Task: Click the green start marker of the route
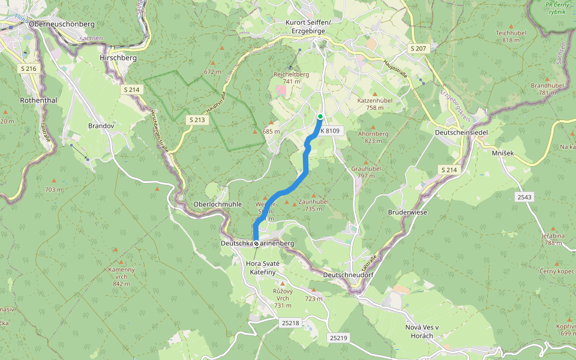[x=320, y=116]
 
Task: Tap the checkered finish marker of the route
[x=256, y=244]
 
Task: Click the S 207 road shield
[x=418, y=48]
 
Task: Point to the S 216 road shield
[x=28, y=69]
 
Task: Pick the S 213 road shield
[x=197, y=119]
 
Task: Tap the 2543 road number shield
[x=524, y=197]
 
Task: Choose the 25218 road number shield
[x=290, y=323]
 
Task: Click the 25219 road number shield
[x=338, y=338]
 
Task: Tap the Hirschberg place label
[x=118, y=58]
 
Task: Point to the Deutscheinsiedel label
[x=461, y=132]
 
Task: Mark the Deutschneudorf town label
[x=347, y=274]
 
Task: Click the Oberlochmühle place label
[x=217, y=204]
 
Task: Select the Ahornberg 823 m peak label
[x=373, y=137]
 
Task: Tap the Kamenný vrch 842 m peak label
[x=118, y=277]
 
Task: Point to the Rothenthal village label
[x=38, y=100]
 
